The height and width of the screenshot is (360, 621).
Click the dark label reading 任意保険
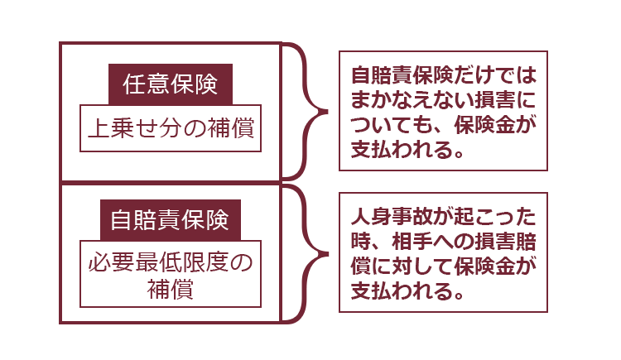[x=171, y=84]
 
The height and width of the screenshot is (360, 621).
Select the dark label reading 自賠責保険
[x=171, y=220]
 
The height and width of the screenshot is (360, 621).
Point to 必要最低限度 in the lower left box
[x=158, y=262]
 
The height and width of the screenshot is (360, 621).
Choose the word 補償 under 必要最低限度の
[x=171, y=289]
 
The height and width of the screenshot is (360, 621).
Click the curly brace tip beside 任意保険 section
[x=327, y=112]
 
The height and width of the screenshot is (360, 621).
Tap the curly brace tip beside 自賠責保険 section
[x=327, y=254]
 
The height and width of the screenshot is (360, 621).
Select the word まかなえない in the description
[x=412, y=100]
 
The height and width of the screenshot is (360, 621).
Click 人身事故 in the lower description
[x=392, y=216]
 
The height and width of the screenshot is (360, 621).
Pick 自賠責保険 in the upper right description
[x=402, y=75]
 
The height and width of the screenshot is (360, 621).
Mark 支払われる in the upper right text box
[x=402, y=150]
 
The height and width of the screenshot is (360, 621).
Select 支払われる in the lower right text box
[x=402, y=291]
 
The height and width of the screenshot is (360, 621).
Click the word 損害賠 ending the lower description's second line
[x=505, y=241]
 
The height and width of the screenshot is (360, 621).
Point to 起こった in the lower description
[x=495, y=216]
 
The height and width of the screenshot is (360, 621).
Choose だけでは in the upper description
[x=495, y=75]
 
